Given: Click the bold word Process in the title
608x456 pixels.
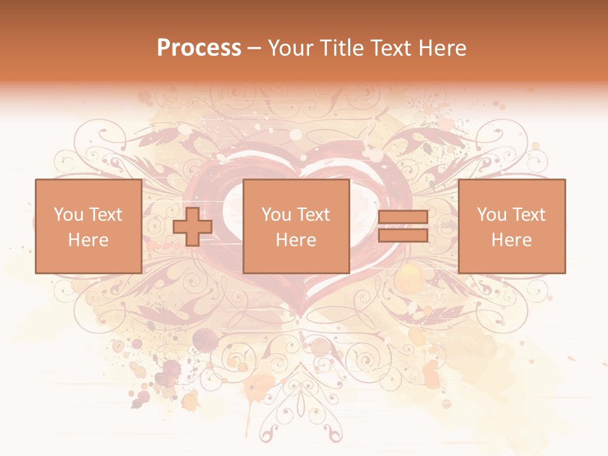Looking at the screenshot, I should point(199,47).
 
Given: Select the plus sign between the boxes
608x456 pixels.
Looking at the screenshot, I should point(193,227).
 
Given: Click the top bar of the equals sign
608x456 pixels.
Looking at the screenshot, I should point(403,217).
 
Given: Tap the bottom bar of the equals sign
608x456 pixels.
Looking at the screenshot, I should point(403,236).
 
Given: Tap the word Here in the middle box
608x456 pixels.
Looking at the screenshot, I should point(296,240).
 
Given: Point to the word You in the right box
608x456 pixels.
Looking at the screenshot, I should point(492,215).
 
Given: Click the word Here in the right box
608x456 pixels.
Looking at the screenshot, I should point(511,240).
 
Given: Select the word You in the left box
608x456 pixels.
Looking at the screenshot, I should point(68,215).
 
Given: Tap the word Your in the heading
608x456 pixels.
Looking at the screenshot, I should point(291,47).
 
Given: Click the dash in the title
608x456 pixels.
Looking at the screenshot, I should point(255,48).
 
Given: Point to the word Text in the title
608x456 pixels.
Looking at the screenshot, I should point(392,47).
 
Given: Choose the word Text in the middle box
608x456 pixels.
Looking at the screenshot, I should point(313,215).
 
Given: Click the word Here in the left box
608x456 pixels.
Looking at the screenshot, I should point(88,240).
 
